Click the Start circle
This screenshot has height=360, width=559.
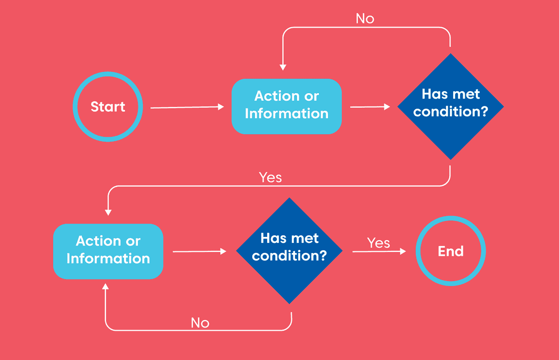tap(108, 107)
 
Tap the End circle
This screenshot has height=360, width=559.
tap(450, 251)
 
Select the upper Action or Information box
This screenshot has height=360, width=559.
tap(286, 106)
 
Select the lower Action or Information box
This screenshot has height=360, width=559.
tap(108, 251)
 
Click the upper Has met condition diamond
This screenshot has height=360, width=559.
tap(450, 106)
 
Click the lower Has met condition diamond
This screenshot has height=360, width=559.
tap(289, 251)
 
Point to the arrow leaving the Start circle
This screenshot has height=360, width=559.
tap(187, 108)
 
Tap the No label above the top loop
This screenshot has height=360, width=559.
tap(365, 19)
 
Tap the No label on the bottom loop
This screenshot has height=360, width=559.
tap(200, 323)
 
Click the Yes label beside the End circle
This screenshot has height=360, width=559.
tap(379, 243)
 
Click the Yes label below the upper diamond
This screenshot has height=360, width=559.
tap(270, 177)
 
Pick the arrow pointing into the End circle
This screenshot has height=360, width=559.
tap(379, 251)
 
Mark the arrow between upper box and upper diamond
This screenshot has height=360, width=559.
tap(369, 107)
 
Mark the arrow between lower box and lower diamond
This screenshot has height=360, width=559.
tap(199, 251)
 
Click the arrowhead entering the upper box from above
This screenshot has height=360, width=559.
tap(283, 67)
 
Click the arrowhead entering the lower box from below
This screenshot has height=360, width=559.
tap(105, 287)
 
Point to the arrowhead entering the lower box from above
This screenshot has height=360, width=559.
tap(108, 212)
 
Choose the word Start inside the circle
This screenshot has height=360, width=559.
tap(108, 107)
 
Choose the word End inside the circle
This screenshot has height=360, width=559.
tap(450, 251)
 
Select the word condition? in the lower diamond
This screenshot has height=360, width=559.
tap(289, 256)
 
